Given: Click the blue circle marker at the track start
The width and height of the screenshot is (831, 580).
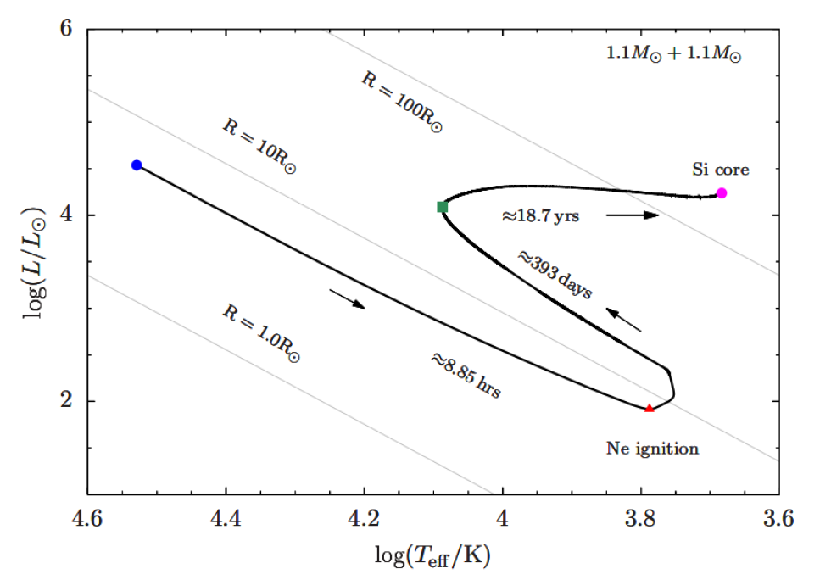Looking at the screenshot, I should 137,165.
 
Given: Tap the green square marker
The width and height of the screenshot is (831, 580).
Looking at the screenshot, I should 442,207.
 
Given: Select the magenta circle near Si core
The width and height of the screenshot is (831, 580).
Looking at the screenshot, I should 722,192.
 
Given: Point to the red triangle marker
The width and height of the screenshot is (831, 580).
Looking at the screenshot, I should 650,409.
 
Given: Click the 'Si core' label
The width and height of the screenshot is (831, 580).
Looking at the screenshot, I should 721,170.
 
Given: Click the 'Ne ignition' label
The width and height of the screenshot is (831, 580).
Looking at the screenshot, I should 652,449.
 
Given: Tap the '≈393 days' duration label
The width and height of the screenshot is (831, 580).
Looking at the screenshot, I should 555,274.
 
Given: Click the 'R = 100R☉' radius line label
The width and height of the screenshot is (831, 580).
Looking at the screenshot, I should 402,103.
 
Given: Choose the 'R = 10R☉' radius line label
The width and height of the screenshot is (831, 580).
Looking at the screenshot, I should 259,146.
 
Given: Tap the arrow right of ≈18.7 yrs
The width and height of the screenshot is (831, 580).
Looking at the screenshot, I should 632,215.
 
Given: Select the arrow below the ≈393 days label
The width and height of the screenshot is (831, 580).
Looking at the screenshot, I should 626,320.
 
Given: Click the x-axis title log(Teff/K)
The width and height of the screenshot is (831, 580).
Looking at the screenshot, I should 433,555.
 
